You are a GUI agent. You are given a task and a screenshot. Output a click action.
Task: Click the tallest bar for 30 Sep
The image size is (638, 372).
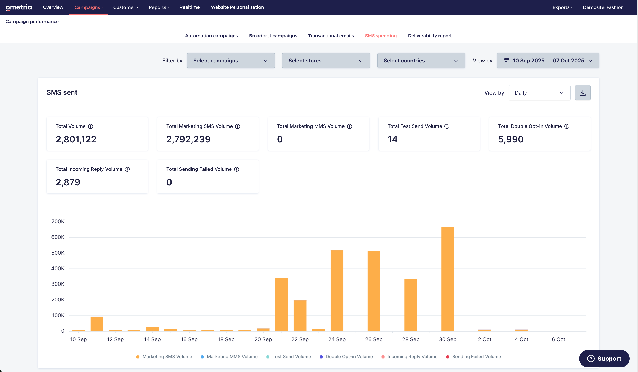coord(448,279)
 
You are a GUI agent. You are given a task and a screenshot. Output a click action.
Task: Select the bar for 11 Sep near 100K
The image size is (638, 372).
coord(97,324)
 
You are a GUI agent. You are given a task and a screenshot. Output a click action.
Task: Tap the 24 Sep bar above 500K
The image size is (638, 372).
coord(337,291)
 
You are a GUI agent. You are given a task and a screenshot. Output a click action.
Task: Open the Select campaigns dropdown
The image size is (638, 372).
coord(231,61)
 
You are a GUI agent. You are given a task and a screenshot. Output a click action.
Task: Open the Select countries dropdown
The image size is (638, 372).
coord(421,61)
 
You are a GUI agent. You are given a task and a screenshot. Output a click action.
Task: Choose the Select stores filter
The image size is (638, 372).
coord(326,61)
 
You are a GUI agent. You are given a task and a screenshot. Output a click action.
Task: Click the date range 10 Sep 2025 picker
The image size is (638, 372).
coord(548,61)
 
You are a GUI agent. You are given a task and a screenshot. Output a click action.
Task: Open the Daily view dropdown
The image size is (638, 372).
coord(539,93)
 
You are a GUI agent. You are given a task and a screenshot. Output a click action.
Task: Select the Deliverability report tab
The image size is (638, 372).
coord(430,36)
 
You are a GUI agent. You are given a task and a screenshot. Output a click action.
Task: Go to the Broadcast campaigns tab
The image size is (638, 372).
coord(273,36)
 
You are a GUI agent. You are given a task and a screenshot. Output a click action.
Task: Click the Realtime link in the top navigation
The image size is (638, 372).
coord(189,7)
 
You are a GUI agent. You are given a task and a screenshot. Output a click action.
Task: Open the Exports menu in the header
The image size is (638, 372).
coord(562,7)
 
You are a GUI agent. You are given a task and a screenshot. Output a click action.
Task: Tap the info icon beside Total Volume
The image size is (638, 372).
coord(90,126)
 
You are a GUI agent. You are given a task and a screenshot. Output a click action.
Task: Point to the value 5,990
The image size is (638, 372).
coord(511,139)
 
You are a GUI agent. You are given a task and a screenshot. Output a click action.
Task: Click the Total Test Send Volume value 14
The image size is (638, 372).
coord(392,139)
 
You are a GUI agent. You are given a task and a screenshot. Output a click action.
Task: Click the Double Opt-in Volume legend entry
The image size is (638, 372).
coord(346,357)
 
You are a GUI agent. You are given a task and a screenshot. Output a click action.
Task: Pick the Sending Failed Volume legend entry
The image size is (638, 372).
coord(474,357)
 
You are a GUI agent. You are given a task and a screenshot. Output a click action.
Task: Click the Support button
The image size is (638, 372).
coord(604,358)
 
